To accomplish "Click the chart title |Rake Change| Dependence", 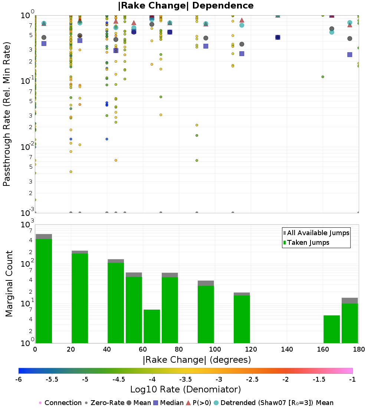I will (x=185, y=6).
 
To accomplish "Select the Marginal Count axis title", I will (x=9, y=284).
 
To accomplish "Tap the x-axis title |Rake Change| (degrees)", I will (x=197, y=360).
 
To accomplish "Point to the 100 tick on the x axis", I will (x=215, y=349).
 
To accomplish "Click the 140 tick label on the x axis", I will (x=287, y=349).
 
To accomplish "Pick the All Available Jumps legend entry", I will (x=318, y=233).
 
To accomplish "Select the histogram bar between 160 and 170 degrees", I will (x=332, y=329).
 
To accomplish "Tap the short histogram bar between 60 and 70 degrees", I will (x=152, y=326).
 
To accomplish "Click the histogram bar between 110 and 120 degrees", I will (x=242, y=319).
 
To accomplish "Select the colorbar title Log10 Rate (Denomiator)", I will (x=185, y=389).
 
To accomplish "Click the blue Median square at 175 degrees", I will (x=349, y=55).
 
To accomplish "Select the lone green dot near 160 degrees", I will (x=323, y=77).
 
